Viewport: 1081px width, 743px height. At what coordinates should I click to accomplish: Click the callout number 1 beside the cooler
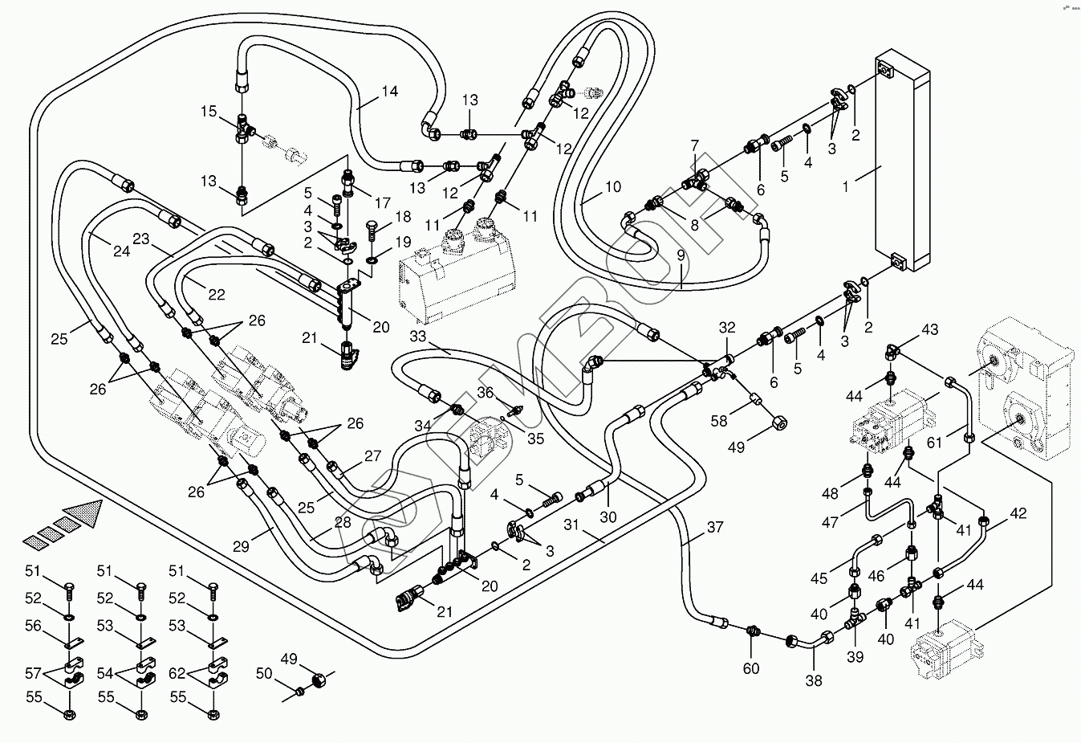(x=845, y=186)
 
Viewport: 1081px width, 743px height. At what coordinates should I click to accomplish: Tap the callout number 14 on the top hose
(x=389, y=92)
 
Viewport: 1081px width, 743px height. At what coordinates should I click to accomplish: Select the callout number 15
(x=209, y=111)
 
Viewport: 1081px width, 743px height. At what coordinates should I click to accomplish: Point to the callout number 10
(x=613, y=186)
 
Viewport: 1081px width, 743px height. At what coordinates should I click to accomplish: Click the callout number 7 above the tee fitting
(x=694, y=145)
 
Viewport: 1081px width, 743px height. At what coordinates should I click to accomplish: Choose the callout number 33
(x=418, y=336)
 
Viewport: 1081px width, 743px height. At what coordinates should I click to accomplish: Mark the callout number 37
(x=715, y=527)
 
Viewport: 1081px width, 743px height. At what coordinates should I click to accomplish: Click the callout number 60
(x=751, y=668)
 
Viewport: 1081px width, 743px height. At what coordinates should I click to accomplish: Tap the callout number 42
(x=1018, y=513)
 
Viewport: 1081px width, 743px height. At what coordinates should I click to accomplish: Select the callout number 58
(x=718, y=421)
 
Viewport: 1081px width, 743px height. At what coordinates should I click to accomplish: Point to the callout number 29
(x=241, y=546)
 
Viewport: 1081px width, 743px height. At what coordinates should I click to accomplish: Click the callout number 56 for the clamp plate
(x=33, y=626)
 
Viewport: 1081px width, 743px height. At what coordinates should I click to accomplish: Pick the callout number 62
(x=177, y=673)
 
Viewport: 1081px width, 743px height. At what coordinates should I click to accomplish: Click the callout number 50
(x=264, y=673)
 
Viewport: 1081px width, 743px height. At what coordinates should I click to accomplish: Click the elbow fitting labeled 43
(x=890, y=352)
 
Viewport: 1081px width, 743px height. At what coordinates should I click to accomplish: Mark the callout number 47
(x=830, y=522)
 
